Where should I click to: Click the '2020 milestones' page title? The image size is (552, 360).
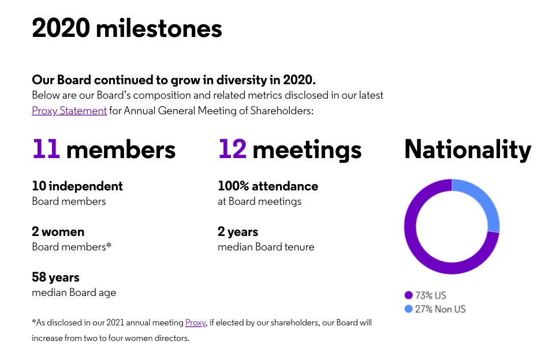[x=127, y=28]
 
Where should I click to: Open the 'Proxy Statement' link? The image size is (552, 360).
[x=69, y=110]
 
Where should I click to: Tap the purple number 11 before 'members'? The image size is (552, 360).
[x=46, y=149]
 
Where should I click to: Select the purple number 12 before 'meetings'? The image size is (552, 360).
[x=232, y=149]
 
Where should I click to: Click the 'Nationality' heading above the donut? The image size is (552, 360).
[x=467, y=149]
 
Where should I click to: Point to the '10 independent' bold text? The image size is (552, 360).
[x=77, y=186]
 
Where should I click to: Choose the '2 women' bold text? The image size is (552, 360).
[x=58, y=231]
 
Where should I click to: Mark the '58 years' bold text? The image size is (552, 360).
[x=55, y=277]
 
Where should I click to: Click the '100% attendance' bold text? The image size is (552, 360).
[x=267, y=186]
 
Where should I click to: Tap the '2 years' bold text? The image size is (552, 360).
[x=237, y=231]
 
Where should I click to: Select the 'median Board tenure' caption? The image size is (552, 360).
[x=266, y=247]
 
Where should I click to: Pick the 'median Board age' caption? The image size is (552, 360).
[x=74, y=292]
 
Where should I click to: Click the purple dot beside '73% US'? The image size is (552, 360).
[x=409, y=295]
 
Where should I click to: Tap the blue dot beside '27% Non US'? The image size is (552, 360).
[x=409, y=309]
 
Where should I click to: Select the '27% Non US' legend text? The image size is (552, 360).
[x=440, y=309]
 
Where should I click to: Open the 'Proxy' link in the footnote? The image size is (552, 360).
[x=195, y=322]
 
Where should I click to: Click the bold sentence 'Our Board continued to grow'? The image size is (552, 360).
[x=174, y=80]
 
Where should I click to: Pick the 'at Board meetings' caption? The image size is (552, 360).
[x=259, y=201]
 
